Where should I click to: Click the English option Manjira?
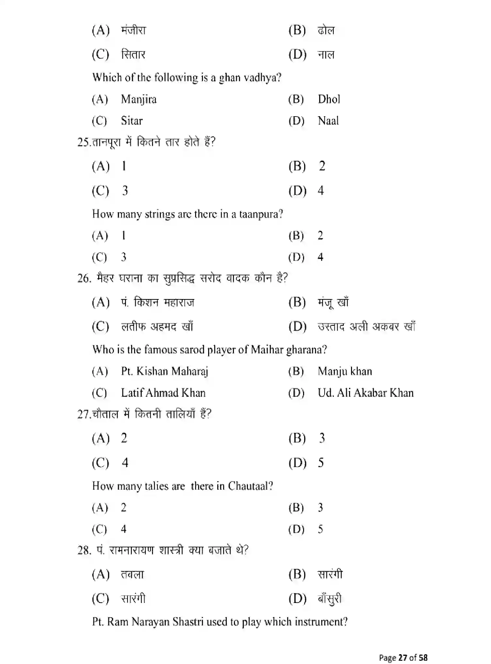coord(139,99)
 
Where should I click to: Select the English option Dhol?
coord(329,99)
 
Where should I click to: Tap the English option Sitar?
coord(132,121)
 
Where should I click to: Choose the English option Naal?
coord(328,121)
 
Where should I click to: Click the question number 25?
coord(83,142)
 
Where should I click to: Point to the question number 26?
coord(84,278)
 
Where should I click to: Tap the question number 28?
coord(84,550)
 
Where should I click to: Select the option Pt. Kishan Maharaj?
coord(164,372)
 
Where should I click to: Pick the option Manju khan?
coord(345,372)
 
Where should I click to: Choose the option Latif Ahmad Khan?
coord(163,393)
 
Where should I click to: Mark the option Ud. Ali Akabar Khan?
coord(365,393)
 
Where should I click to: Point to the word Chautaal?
coord(250,486)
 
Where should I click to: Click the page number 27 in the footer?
coord(403,657)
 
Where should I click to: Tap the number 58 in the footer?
coord(423,657)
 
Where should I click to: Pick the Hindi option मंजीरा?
coord(134,30)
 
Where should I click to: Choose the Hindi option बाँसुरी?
coord(330,599)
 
